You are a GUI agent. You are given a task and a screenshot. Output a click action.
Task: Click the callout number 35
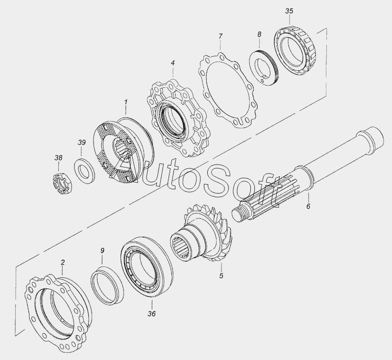click(289, 11)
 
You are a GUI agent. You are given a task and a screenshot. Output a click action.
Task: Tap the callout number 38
click(58, 158)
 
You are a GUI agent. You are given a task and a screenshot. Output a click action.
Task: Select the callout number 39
click(81, 143)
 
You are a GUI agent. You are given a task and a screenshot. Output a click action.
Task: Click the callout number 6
click(308, 206)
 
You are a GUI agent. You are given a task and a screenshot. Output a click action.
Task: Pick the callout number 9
click(102, 251)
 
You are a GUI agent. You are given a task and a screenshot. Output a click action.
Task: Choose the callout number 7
click(220, 36)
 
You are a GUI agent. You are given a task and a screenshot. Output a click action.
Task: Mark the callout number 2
click(63, 263)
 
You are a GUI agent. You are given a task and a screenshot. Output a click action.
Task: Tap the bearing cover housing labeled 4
click(177, 118)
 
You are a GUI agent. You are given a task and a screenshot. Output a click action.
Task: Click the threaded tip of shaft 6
click(240, 213)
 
